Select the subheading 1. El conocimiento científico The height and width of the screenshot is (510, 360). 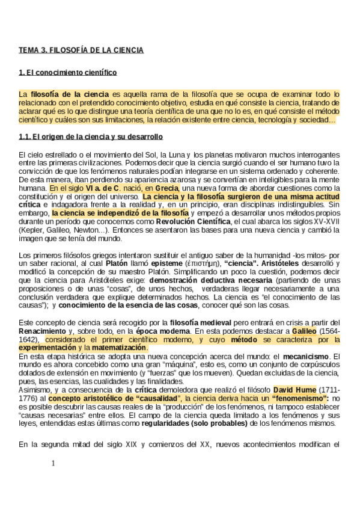[x=67, y=73]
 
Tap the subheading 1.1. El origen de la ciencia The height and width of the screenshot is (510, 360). [x=91, y=137]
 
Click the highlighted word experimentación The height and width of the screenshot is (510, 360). [x=47, y=348]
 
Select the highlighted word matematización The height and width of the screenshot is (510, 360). [x=118, y=348]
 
